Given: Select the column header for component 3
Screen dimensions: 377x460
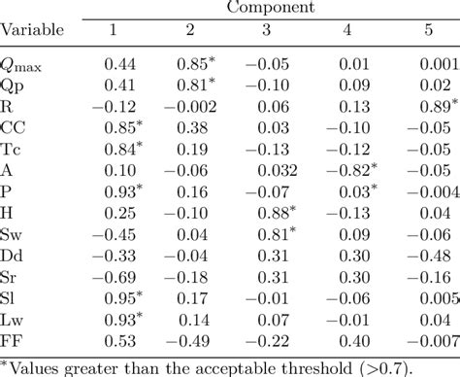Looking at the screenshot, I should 265,30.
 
